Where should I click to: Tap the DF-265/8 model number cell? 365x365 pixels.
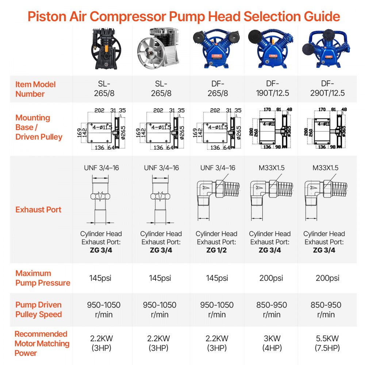(x=217, y=89)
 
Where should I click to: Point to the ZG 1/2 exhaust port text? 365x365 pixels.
(x=216, y=250)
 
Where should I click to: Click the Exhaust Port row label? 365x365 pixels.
(x=38, y=210)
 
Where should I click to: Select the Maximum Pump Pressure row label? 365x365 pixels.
(x=43, y=278)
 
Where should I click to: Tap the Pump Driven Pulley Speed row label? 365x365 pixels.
(x=38, y=310)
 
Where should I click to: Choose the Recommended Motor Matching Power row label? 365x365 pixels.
(x=42, y=343)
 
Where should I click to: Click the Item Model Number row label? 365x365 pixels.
(x=35, y=89)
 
